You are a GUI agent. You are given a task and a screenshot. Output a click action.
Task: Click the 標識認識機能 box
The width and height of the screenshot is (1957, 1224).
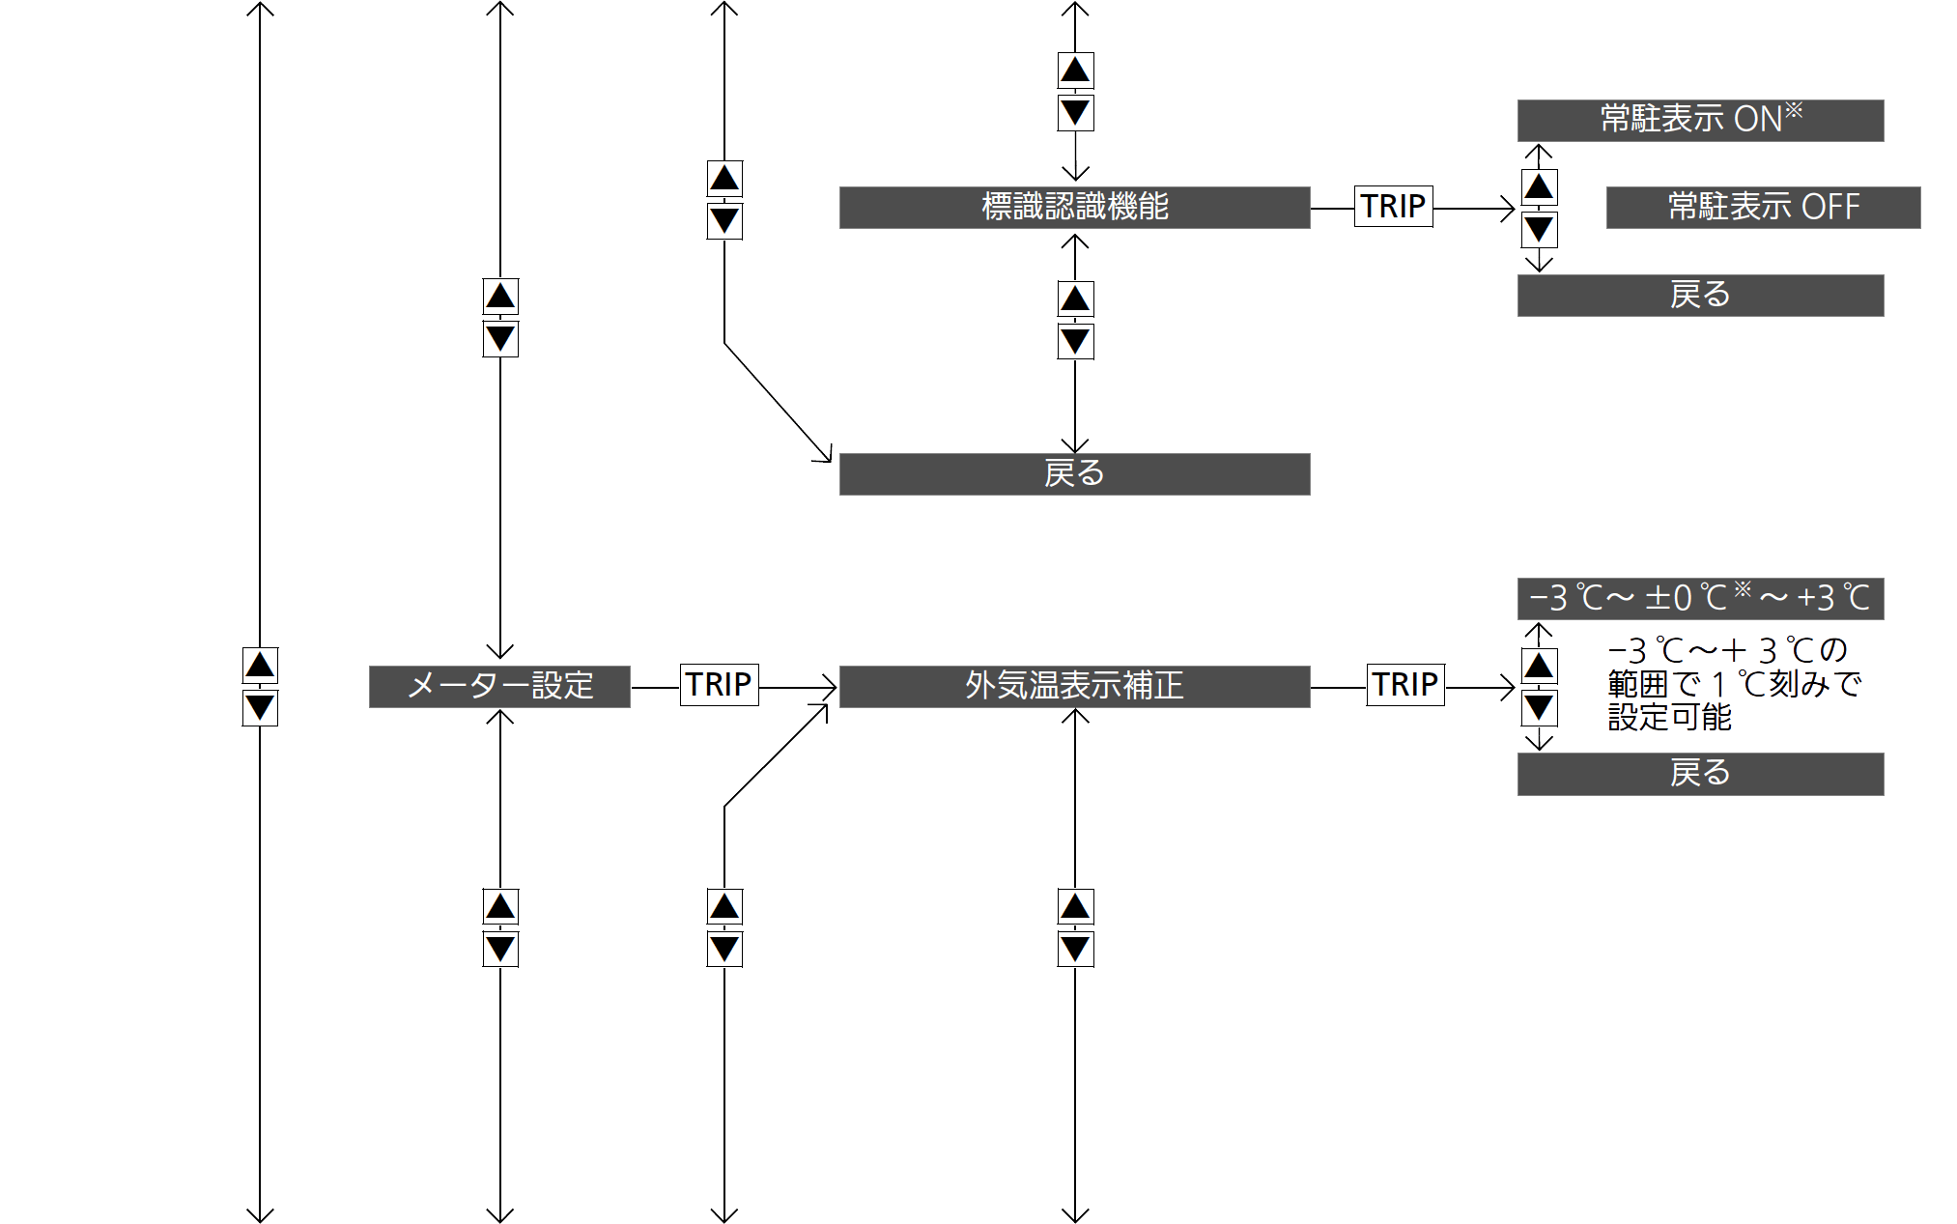coord(1074,207)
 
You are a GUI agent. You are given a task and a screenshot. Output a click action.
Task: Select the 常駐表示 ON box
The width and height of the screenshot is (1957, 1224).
coord(1700,120)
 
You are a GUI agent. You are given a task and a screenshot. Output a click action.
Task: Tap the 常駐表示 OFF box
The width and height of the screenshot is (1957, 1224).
coord(1763,207)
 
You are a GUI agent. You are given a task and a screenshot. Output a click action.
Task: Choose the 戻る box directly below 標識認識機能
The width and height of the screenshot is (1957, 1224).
coord(1074,474)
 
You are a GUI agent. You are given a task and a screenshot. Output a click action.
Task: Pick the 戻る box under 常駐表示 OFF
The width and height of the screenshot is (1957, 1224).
coord(1700,295)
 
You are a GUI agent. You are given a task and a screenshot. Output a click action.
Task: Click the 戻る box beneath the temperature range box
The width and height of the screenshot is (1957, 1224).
coord(1700,774)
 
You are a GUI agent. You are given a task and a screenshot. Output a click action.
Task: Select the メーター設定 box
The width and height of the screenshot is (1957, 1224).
coord(499,686)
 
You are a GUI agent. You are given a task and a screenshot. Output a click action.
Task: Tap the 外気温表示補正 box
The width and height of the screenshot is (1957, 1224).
coord(1074,686)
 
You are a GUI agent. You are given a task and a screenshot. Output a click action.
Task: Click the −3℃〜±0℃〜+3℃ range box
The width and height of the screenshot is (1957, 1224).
coord(1700,599)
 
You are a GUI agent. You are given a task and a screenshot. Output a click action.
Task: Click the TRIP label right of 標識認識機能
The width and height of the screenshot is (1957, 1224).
coord(1393,206)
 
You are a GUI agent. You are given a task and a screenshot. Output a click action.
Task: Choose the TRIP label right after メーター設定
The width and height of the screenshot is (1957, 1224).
coord(719,685)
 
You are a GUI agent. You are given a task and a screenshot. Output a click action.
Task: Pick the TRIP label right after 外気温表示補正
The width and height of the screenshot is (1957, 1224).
coord(1405,685)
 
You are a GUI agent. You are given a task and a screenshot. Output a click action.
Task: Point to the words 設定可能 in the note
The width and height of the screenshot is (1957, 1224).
coord(1669,718)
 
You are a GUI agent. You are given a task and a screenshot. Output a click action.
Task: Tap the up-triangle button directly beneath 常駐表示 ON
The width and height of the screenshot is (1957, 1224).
coord(1539,186)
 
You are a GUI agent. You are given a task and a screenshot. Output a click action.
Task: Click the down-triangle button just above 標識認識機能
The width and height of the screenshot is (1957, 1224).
coord(1075,113)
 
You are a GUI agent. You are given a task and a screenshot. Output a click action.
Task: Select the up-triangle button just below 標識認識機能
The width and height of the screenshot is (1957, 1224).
coord(1075,299)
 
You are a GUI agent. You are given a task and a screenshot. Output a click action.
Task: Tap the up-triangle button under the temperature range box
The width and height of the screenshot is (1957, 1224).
coord(1539,666)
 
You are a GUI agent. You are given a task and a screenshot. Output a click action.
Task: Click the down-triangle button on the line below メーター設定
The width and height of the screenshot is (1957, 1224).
coord(500,949)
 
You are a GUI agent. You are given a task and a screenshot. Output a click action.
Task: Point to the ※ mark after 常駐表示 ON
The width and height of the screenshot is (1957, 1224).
coord(1794,110)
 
